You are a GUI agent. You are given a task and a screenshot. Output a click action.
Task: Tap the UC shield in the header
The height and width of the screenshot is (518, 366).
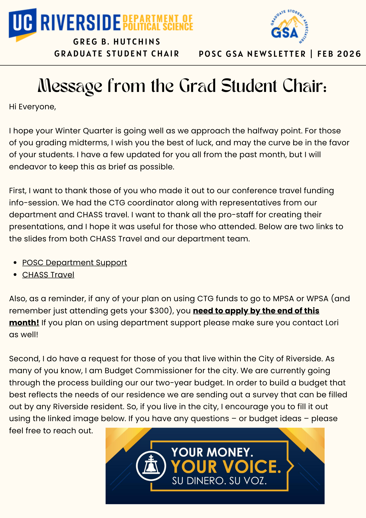click(23, 24)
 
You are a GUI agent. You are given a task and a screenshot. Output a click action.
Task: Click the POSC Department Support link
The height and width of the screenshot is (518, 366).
click(75, 263)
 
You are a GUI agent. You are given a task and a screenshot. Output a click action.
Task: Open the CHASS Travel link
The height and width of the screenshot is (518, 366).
click(48, 275)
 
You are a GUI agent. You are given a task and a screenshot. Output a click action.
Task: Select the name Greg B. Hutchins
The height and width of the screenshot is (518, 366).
click(117, 42)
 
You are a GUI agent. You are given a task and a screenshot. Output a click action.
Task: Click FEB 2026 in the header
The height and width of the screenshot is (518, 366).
click(339, 54)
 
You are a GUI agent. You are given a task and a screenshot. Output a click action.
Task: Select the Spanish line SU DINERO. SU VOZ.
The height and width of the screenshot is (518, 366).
click(219, 481)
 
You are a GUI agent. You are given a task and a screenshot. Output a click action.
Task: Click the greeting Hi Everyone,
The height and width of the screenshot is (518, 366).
click(33, 107)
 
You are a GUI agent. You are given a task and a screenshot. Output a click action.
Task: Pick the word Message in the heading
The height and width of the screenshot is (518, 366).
click(70, 86)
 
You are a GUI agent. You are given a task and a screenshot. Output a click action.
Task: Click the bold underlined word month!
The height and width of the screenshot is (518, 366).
click(24, 323)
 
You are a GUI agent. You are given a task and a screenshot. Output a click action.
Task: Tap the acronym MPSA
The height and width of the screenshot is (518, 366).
click(283, 299)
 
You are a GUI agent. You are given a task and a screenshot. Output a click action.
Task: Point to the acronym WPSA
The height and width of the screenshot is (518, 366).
click(317, 299)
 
